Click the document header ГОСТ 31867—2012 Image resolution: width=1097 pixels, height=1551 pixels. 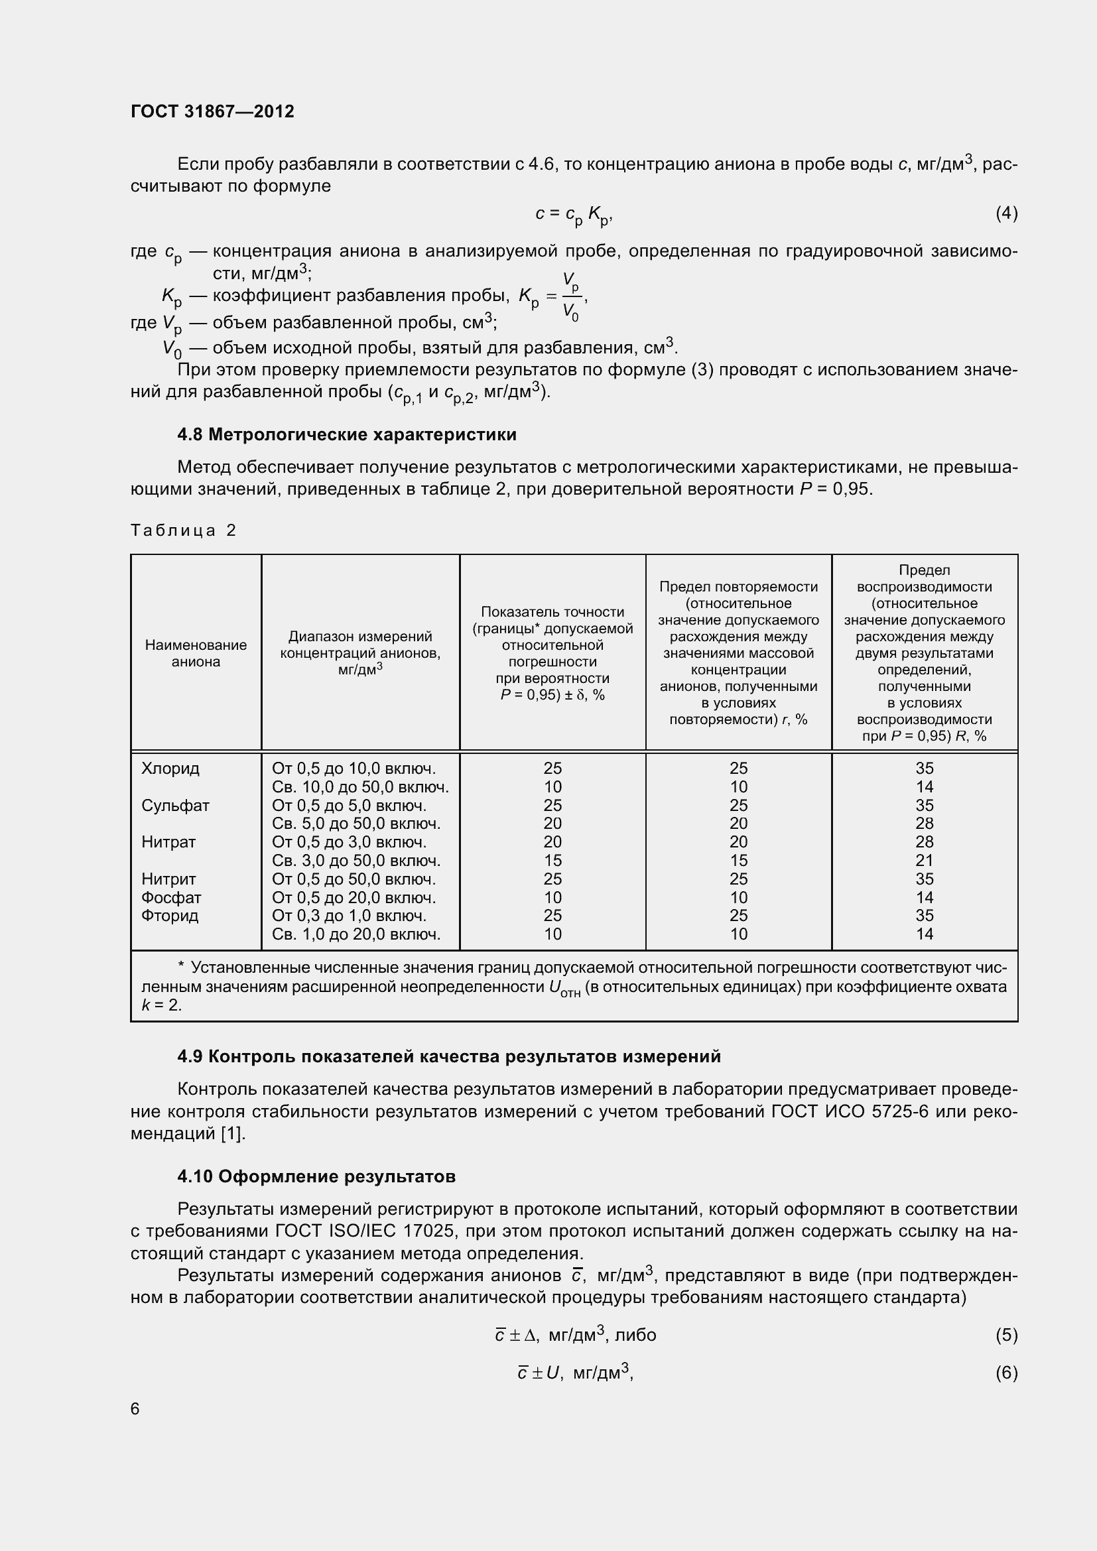click(212, 111)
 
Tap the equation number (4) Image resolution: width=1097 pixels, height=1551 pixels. click(1006, 214)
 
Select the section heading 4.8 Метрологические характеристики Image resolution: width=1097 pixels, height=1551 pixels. click(346, 434)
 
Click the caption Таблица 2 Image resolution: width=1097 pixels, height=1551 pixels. click(183, 530)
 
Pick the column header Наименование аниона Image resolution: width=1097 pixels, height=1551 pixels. click(196, 652)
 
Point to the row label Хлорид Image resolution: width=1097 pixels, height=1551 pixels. click(170, 768)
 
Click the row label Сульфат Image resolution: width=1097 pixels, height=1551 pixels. click(175, 805)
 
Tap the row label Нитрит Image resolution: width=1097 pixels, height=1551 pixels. click(168, 879)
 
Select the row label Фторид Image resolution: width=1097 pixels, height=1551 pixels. click(170, 915)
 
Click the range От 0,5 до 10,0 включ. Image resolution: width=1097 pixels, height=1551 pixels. click(354, 768)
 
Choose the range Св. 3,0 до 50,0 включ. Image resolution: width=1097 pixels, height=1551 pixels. click(356, 861)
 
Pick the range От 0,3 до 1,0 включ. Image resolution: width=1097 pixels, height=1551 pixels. click(349, 915)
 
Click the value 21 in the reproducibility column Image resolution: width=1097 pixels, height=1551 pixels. click(924, 861)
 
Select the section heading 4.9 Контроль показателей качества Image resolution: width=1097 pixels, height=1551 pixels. click(448, 1056)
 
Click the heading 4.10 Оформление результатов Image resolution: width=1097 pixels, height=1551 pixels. click(316, 1176)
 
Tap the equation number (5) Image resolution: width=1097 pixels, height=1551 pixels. click(1006, 1335)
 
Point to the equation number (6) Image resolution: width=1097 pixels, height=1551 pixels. click(1006, 1373)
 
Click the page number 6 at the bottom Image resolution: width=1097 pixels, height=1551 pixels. click(135, 1408)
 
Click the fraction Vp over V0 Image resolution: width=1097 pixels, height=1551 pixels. click(571, 296)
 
